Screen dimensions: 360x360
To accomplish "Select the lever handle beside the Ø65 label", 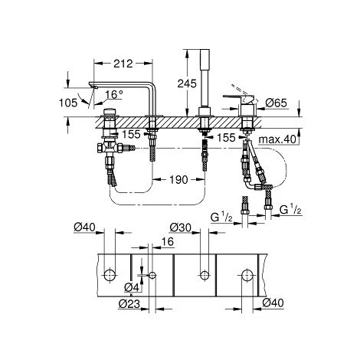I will pyautogui.click(x=250, y=97).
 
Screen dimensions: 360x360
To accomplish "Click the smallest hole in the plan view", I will pyautogui.click(x=152, y=275).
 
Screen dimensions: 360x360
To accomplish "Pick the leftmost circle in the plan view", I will pyautogui.click(x=111, y=274).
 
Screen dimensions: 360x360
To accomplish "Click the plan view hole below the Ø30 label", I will pyautogui.click(x=204, y=274).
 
